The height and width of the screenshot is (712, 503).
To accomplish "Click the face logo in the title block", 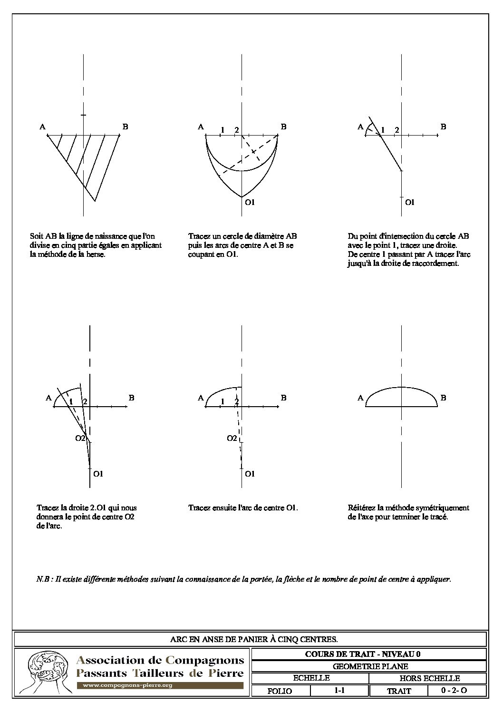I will (45, 672).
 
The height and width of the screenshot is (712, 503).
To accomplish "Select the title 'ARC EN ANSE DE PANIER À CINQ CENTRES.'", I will (254, 639).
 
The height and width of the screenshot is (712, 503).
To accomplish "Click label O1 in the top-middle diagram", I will (250, 203).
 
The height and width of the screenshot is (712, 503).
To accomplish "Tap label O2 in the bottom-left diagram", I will (80, 438).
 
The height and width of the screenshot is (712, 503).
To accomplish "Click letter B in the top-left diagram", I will (125, 127).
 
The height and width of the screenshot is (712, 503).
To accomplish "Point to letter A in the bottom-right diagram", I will (360, 398).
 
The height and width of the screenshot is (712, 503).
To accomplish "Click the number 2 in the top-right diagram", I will (397, 130).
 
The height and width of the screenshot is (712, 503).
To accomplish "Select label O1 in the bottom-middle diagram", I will (250, 474).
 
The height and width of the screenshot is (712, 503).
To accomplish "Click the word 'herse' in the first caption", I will (95, 254).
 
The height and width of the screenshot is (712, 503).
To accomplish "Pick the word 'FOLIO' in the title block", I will (280, 691).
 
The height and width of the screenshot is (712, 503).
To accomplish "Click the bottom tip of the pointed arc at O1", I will (242, 197).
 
